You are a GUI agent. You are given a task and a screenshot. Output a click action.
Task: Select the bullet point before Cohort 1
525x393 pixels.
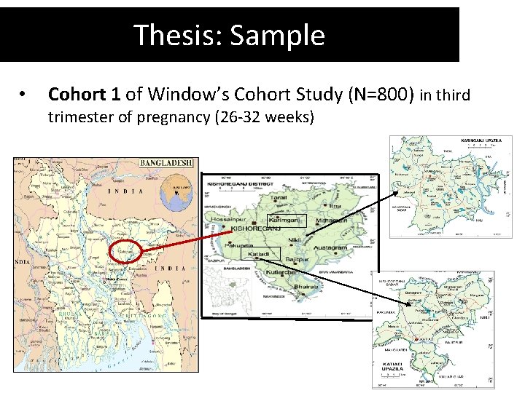pos(23,94)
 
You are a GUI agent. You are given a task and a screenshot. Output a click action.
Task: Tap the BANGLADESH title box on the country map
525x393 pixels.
pos(166,163)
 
